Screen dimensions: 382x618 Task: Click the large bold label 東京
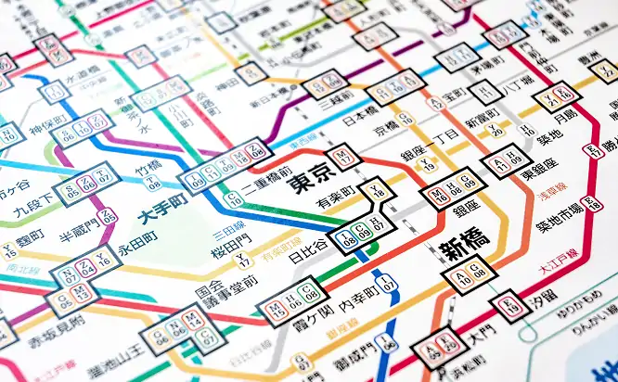coord(310,176)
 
